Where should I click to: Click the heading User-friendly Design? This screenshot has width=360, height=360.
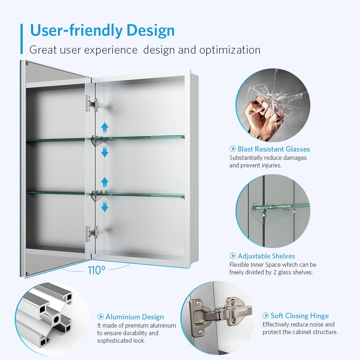coord(102,30)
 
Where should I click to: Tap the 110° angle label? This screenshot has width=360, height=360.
coord(96,270)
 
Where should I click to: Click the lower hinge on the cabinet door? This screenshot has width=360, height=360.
coord(93,233)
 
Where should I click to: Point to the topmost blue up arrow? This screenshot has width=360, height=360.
coord(105,127)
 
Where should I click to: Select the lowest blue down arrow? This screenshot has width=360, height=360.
coord(105,206)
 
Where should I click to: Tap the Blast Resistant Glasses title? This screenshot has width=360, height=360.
coord(274,149)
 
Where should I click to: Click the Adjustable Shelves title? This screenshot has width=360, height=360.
coord(266,256)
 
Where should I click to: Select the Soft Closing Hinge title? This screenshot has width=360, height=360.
coord(300,316)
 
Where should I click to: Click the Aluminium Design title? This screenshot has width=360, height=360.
coord(134,317)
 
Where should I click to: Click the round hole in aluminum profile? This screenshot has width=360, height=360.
coord(57,319)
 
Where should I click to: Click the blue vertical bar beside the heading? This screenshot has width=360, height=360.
coord(22,39)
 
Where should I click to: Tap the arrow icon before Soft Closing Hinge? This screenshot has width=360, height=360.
coord(266,316)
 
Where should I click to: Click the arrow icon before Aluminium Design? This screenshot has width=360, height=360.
coord(101,317)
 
